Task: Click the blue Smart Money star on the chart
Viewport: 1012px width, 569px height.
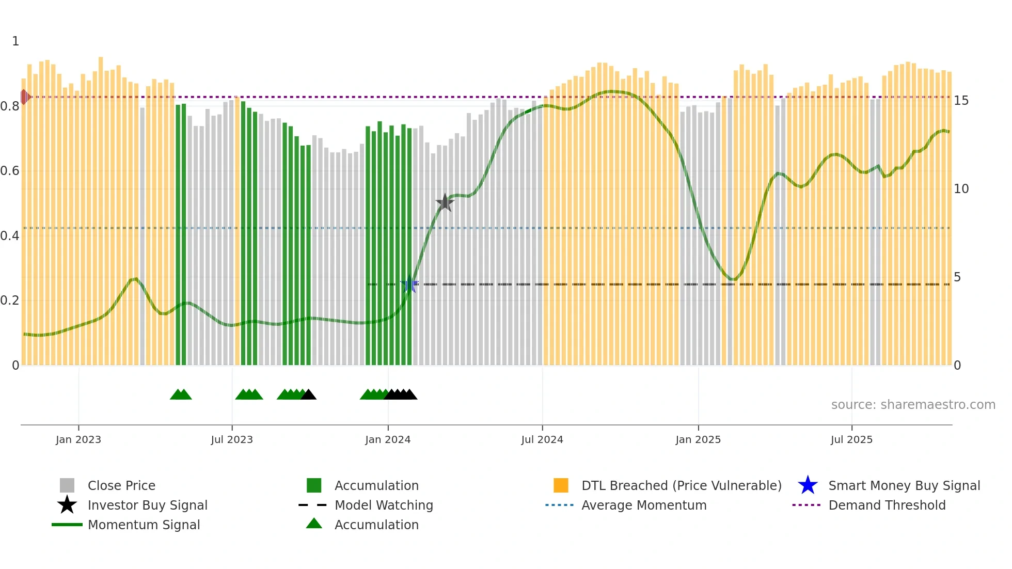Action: click(x=409, y=284)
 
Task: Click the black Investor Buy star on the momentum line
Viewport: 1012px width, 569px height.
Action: click(x=445, y=202)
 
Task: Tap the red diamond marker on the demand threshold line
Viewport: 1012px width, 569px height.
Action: click(x=24, y=97)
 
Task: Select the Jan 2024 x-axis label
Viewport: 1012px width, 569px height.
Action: click(x=387, y=439)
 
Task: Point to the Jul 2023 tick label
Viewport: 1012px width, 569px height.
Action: click(x=232, y=439)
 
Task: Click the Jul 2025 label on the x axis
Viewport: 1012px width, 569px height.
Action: click(x=851, y=439)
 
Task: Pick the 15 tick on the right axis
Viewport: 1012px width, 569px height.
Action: click(x=961, y=101)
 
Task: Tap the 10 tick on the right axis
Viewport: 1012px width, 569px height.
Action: click(x=961, y=189)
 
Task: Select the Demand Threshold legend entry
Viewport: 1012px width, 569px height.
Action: click(x=887, y=505)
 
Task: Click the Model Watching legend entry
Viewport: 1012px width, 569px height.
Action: click(x=383, y=505)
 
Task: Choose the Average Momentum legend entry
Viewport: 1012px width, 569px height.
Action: click(x=643, y=505)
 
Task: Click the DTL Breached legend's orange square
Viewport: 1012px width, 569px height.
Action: click(x=561, y=485)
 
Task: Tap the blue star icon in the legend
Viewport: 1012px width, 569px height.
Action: click(x=808, y=485)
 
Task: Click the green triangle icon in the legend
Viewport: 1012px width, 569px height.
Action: click(x=314, y=524)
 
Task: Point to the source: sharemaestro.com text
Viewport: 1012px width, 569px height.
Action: click(x=913, y=404)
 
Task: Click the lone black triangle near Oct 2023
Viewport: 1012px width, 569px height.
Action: click(x=309, y=395)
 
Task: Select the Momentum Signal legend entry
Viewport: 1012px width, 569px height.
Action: click(x=144, y=525)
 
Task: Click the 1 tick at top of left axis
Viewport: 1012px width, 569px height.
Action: click(x=15, y=41)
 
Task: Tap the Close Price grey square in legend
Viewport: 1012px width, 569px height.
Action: click(x=67, y=485)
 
